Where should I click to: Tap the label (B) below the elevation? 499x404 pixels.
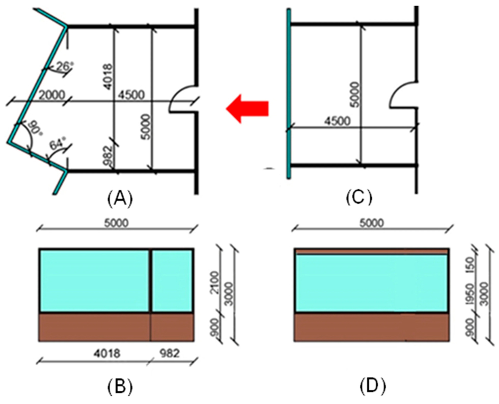point(120,387)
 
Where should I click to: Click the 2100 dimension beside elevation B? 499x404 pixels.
point(215,279)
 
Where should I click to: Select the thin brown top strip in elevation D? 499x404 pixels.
point(371,251)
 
